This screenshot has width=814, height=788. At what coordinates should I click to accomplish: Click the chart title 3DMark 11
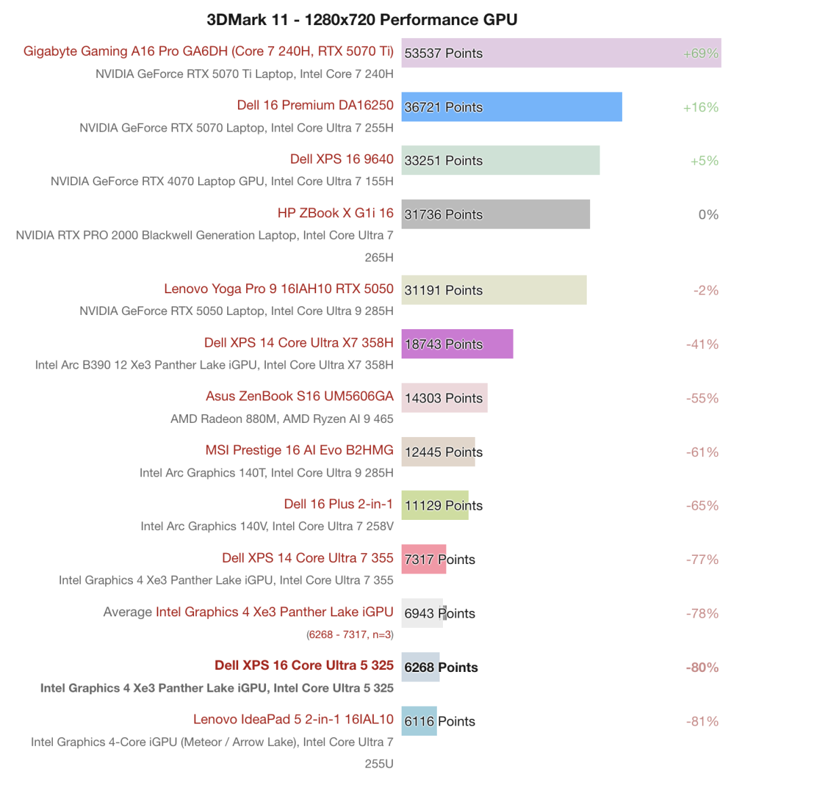click(362, 19)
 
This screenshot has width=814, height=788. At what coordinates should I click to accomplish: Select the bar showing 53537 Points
click(561, 53)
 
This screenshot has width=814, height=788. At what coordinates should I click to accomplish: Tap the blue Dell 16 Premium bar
click(511, 107)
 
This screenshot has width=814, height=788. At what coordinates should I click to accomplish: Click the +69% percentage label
click(700, 53)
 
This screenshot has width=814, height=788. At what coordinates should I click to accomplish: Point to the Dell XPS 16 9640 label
click(341, 159)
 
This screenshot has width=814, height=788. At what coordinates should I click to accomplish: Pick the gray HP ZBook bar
click(495, 214)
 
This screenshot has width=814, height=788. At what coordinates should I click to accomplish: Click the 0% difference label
click(708, 214)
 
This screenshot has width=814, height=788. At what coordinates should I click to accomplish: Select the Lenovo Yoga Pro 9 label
click(278, 288)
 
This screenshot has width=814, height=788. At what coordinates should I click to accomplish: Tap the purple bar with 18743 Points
click(457, 344)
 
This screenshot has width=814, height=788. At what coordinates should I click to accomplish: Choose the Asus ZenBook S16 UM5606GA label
click(299, 396)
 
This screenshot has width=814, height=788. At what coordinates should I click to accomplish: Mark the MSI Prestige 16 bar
click(438, 452)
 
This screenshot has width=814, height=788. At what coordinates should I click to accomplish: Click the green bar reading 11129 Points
click(434, 506)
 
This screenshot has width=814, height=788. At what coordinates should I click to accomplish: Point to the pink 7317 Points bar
click(423, 559)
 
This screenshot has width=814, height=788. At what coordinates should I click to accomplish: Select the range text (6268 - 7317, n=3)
click(349, 635)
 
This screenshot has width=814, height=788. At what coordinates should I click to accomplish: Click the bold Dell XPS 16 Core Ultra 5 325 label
click(304, 665)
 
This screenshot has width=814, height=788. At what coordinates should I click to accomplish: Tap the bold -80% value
click(701, 667)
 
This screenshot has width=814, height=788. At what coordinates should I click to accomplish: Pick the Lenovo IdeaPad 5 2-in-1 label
click(293, 719)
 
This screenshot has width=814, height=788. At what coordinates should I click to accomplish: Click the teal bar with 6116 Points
click(419, 721)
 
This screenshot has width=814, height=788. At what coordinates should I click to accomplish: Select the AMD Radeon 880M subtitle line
click(282, 419)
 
